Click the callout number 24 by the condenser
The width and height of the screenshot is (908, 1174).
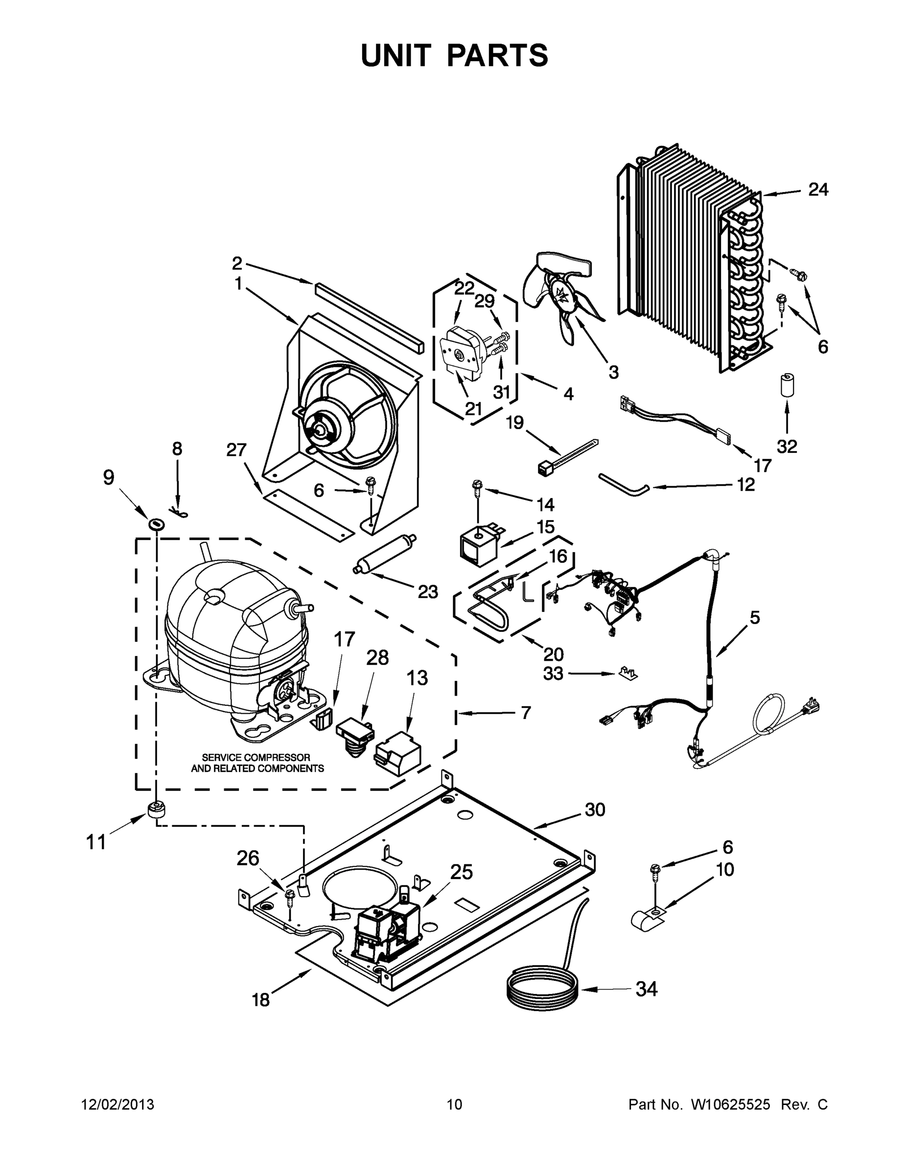(817, 189)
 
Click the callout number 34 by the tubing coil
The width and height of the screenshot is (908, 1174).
(647, 989)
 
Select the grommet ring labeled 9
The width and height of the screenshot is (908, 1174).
(156, 522)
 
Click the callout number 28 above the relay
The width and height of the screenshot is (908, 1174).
(377, 657)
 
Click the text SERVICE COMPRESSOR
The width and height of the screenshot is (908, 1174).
(256, 757)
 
